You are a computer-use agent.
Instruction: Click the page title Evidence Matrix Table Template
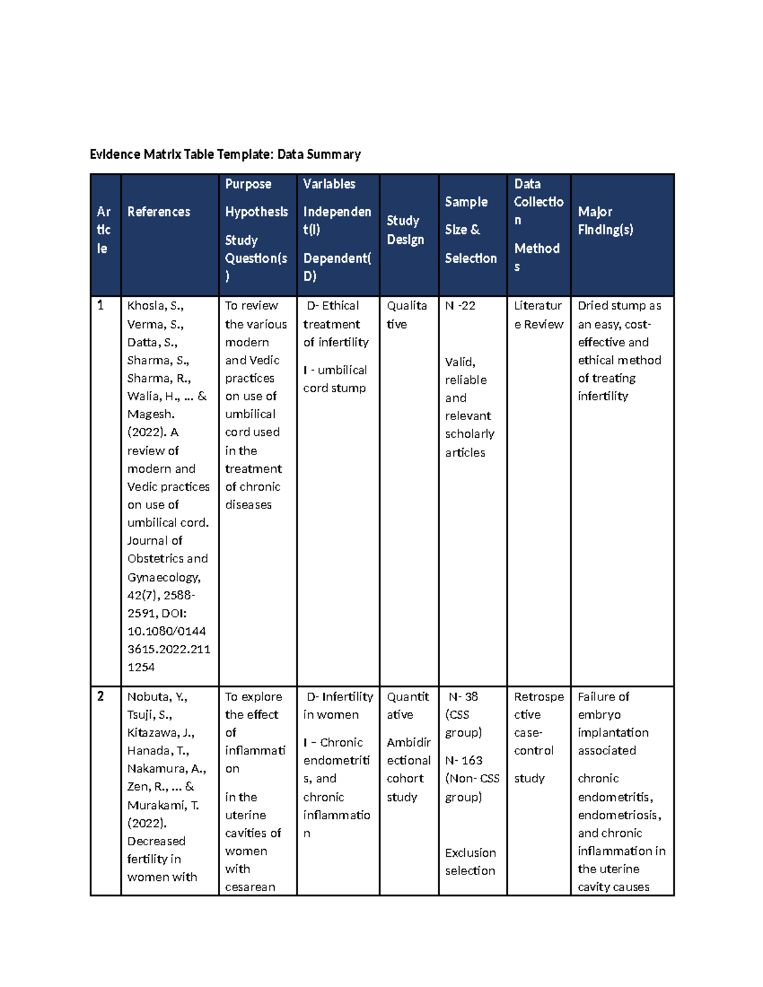tap(225, 154)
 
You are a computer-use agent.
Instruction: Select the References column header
tap(158, 212)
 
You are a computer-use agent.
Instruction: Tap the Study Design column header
tap(405, 229)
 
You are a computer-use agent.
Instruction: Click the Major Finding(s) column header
tap(605, 221)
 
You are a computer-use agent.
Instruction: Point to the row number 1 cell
tap(100, 306)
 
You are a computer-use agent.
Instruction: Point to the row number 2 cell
tap(100, 697)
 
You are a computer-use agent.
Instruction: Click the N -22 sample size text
tap(460, 306)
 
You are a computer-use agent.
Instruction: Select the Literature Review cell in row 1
tap(539, 315)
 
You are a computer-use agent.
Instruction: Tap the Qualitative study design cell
tap(406, 315)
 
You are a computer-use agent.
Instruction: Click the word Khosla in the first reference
tap(145, 306)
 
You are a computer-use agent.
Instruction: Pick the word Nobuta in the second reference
tap(148, 697)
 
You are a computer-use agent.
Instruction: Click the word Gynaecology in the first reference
tap(163, 577)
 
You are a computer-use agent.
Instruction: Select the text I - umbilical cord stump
tap(335, 379)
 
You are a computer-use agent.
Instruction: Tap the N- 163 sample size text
tap(464, 761)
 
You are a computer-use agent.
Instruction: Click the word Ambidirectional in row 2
tap(409, 751)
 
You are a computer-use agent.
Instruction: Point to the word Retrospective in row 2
tap(539, 705)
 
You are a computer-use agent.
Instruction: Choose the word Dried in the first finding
tap(592, 306)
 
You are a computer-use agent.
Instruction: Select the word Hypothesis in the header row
tap(256, 212)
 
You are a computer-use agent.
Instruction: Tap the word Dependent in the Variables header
tap(335, 258)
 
